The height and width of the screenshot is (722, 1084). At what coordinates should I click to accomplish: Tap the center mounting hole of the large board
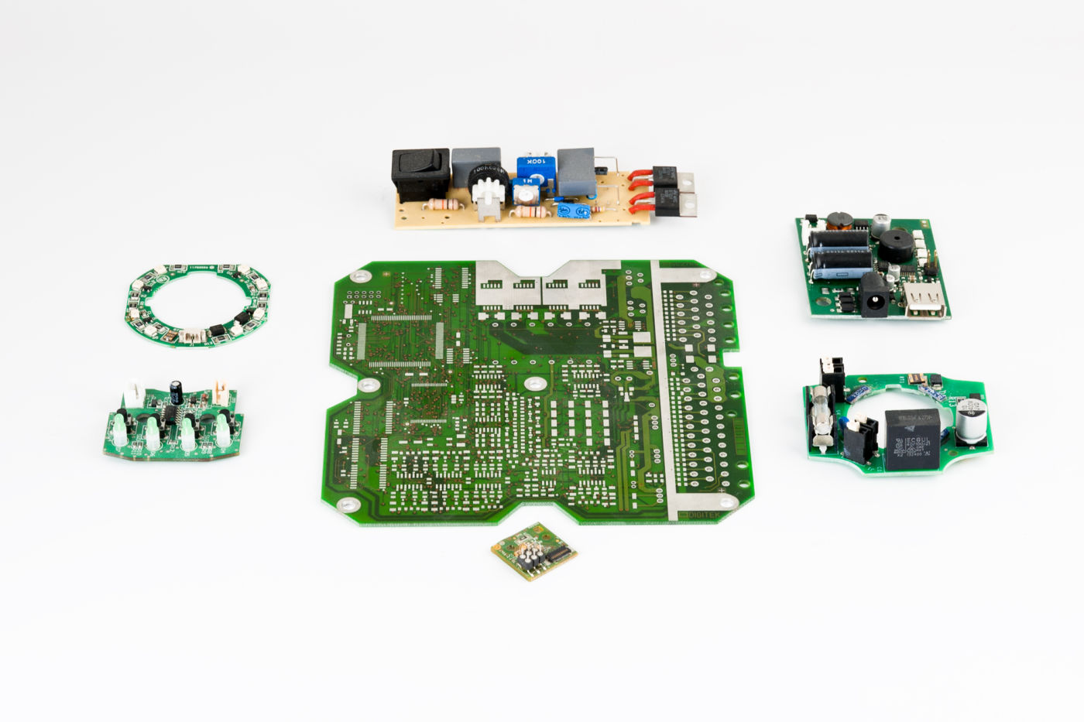click(533, 384)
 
